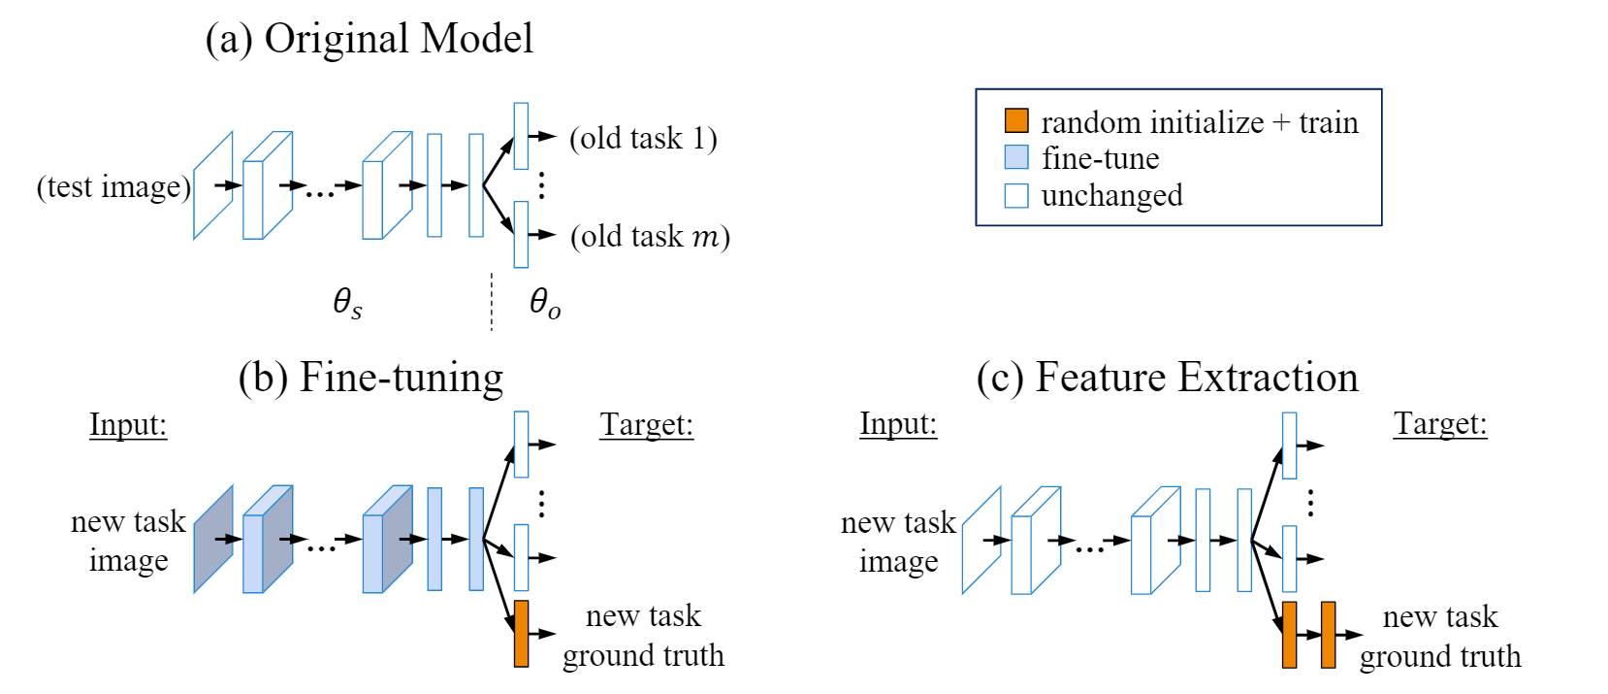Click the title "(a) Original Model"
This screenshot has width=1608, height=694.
click(370, 40)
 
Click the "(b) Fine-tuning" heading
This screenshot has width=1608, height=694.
click(370, 378)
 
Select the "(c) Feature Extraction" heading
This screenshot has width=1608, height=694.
click(1167, 378)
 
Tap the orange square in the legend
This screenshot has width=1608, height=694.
click(1016, 120)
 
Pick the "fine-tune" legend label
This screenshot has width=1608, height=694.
click(1100, 158)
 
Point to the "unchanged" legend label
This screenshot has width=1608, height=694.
click(1111, 196)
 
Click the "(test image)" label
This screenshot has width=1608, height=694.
click(114, 186)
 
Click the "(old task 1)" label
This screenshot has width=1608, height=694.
click(644, 139)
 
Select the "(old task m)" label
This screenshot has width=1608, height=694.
click(650, 237)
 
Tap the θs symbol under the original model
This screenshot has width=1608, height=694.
click(347, 303)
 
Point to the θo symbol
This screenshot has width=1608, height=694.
click(545, 303)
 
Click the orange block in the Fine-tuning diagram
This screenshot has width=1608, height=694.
click(522, 634)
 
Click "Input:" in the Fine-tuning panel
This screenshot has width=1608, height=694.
click(128, 425)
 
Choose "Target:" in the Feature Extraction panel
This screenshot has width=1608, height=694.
click(1440, 424)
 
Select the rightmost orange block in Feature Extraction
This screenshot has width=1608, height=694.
click(1329, 635)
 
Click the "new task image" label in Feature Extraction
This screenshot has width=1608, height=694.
click(898, 542)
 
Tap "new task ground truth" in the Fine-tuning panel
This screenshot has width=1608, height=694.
click(643, 636)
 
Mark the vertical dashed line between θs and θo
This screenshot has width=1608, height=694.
click(492, 302)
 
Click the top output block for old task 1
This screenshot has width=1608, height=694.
click(521, 136)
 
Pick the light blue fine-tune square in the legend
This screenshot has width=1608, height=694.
click(1016, 157)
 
